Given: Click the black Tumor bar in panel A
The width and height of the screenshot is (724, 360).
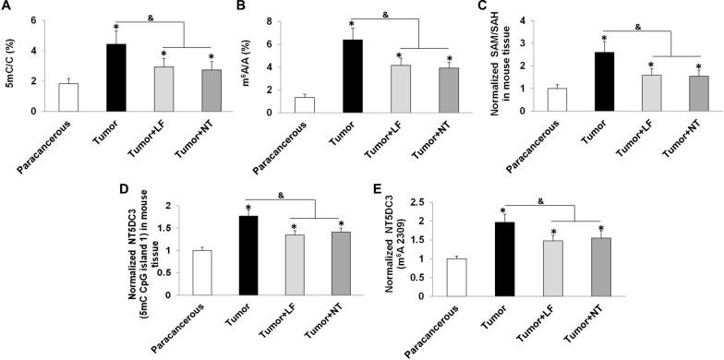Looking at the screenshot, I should click(115, 78).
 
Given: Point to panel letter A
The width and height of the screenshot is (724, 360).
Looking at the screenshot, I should click(8, 8).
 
